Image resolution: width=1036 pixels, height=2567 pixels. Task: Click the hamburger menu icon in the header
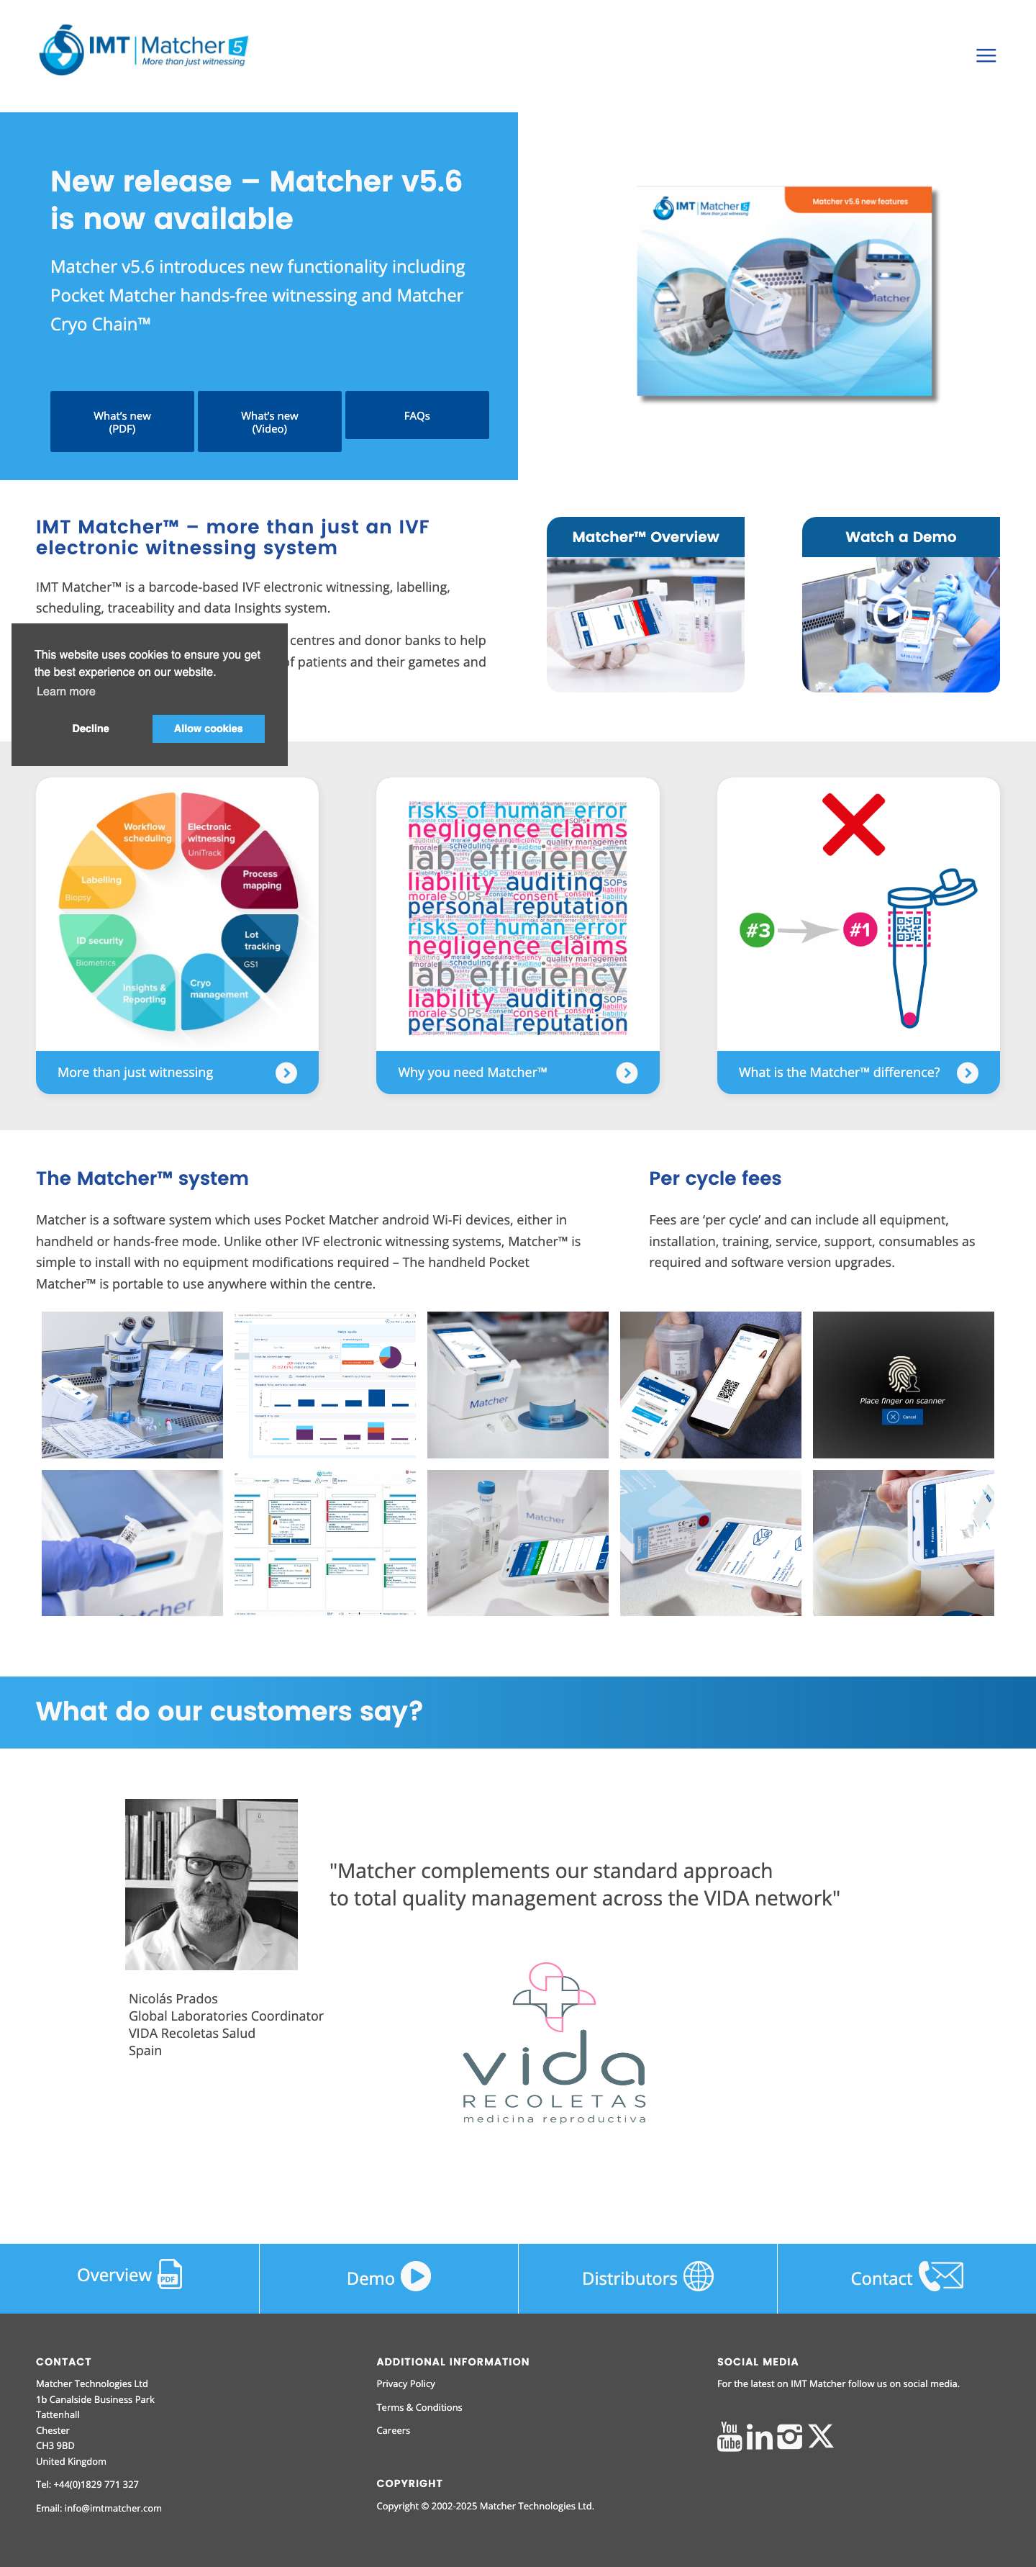tap(985, 56)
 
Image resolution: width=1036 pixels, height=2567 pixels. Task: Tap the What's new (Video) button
tap(269, 422)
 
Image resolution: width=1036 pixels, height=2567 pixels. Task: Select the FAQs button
tap(417, 415)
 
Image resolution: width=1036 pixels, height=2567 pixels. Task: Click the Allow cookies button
tap(208, 728)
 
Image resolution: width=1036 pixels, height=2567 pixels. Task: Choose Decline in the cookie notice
tap(91, 728)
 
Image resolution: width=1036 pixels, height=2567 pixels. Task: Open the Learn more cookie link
tap(65, 692)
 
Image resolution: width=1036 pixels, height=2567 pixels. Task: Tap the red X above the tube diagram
tap(854, 824)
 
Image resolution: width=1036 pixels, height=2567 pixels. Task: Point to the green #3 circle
tap(757, 931)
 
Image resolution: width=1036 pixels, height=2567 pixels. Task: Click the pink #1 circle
tap(860, 931)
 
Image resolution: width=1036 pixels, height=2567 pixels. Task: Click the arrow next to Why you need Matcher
tap(627, 1073)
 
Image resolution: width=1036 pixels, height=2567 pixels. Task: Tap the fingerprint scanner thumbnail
tap(902, 1384)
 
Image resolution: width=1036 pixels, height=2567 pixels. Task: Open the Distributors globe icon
tap(699, 2277)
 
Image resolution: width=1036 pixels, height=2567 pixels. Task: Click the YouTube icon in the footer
tap(730, 2437)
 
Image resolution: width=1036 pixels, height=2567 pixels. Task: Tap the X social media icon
tap(821, 2437)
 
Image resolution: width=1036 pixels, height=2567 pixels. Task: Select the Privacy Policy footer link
tap(406, 2383)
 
